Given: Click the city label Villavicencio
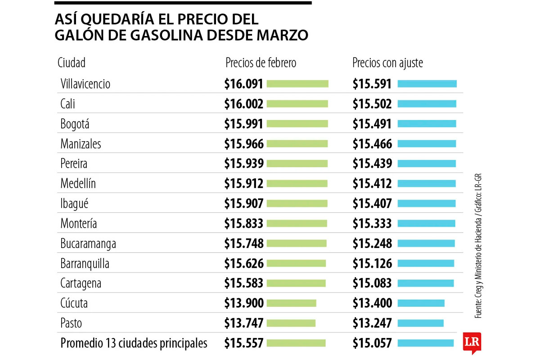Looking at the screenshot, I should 85,84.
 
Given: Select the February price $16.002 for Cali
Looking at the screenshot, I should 243,104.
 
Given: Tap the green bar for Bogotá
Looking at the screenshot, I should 297,124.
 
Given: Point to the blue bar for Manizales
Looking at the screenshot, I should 427,144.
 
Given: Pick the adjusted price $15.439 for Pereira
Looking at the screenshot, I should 372,164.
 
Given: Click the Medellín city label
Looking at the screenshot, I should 78,184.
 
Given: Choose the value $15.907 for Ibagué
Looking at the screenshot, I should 243,204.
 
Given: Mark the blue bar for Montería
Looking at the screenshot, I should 426,224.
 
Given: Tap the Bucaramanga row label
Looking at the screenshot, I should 88,243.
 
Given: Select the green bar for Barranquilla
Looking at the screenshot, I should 297,263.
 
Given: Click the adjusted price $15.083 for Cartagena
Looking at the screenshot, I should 372,283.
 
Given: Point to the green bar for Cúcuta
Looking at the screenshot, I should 292,303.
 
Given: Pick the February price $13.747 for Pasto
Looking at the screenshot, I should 243,323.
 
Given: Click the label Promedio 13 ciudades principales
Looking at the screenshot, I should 134,343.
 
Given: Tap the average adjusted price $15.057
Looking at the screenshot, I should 372,343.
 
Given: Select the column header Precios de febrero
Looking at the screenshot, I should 261,63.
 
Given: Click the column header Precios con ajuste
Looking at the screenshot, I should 387,63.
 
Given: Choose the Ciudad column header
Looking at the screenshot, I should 72,63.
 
